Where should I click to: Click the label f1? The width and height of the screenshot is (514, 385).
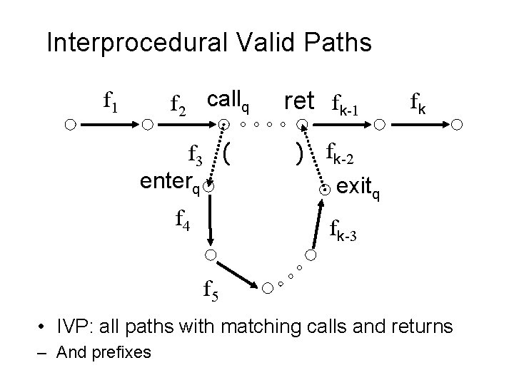[111, 104]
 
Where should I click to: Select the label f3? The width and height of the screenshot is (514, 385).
[196, 153]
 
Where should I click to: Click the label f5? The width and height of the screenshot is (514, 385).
[211, 289]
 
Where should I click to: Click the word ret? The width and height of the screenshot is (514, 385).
[299, 102]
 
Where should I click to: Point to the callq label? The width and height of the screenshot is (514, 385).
[228, 101]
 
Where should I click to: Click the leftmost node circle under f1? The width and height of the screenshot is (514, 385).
[69, 125]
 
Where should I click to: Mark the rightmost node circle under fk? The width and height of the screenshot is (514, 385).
[458, 125]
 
